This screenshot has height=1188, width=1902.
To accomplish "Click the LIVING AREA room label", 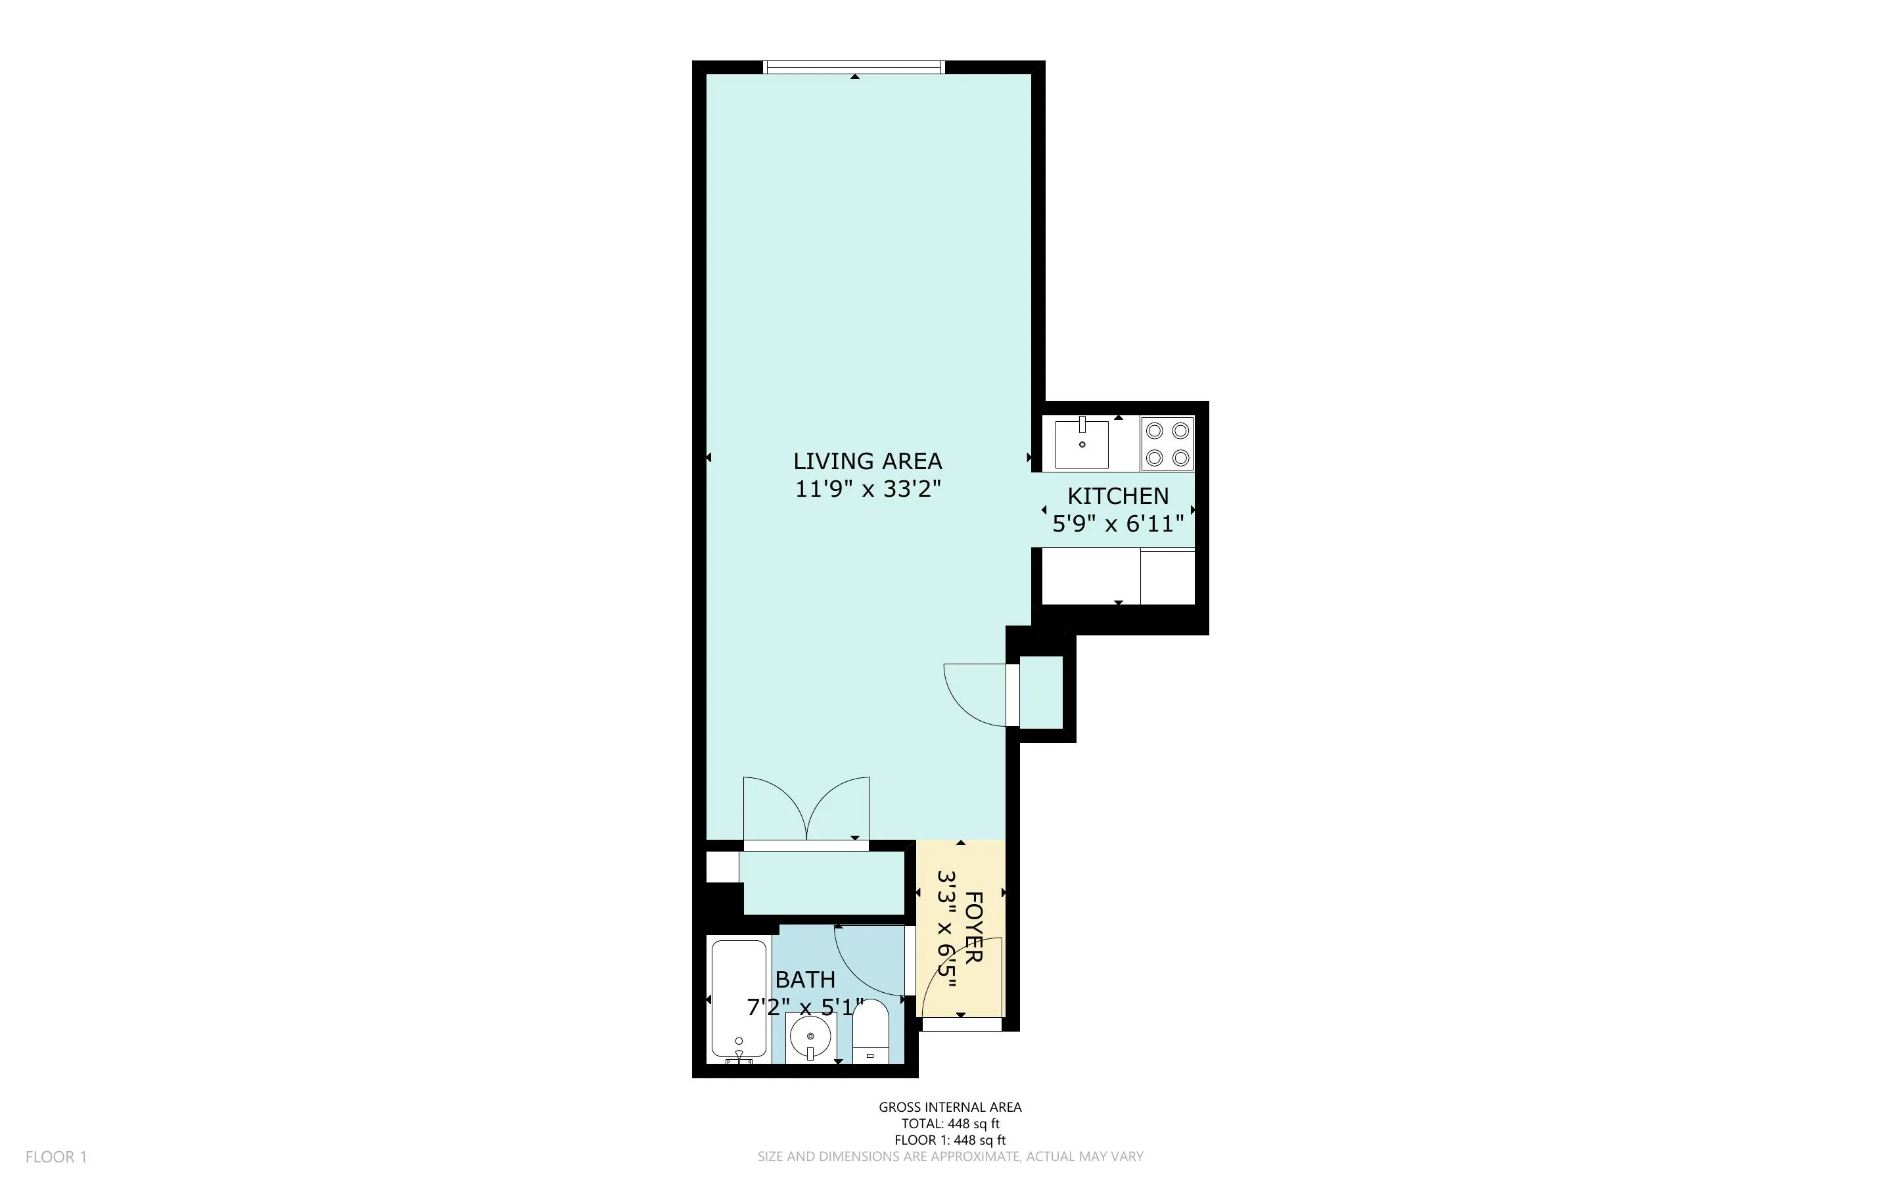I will click(x=868, y=461).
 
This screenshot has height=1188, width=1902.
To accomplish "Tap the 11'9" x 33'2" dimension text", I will click(x=868, y=489).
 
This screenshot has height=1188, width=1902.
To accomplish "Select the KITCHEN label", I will click(x=1117, y=496).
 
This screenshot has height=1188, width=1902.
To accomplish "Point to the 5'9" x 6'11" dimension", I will click(x=1117, y=523).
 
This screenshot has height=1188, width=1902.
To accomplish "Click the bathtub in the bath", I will click(x=739, y=998).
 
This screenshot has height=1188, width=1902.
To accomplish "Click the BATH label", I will click(x=804, y=980).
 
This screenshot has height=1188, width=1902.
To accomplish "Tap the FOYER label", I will click(x=973, y=927).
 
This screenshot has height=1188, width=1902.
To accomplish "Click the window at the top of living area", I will click(x=854, y=68).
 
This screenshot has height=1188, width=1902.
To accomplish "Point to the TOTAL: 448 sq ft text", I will click(x=950, y=1124).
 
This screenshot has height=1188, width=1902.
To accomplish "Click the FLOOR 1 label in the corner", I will click(x=56, y=1156).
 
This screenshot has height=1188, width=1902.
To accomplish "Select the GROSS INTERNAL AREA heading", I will click(x=950, y=1107).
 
